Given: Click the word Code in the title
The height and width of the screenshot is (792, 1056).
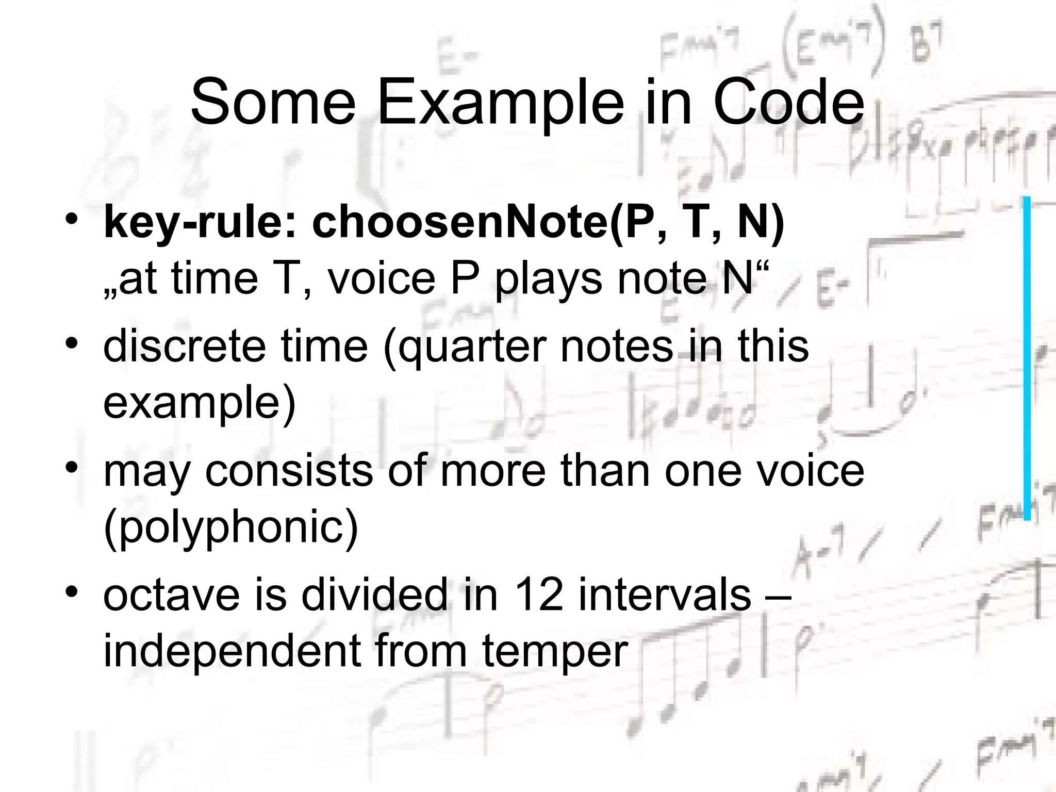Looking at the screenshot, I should (x=789, y=102).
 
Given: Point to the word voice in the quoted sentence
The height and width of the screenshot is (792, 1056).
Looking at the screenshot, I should (x=382, y=279).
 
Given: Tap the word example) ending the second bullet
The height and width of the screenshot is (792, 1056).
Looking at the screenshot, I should (x=199, y=404).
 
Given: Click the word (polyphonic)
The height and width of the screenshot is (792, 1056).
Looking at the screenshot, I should (x=230, y=528).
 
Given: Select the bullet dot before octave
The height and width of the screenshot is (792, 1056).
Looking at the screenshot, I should (x=72, y=591).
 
